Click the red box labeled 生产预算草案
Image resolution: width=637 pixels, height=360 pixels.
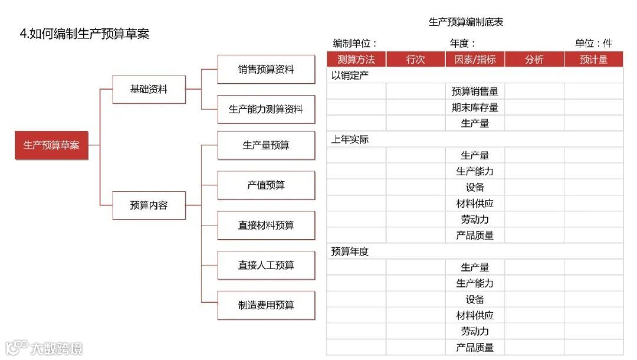51,145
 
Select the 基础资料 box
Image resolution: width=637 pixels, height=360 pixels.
149,90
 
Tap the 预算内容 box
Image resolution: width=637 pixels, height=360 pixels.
149,205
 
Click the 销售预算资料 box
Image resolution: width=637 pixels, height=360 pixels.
266,70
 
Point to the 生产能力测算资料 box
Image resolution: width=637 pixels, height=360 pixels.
266,109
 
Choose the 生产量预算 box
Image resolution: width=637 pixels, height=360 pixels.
266,145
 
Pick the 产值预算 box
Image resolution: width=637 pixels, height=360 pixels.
266,185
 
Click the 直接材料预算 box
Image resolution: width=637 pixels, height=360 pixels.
266,225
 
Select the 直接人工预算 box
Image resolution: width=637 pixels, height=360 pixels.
266,266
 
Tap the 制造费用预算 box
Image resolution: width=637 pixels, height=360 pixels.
266,305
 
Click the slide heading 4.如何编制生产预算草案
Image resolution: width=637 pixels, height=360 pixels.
84,34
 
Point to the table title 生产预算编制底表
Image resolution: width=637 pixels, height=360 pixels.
465,22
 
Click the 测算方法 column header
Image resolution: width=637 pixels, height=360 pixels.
356,59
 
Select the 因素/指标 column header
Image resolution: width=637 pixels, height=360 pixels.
475,59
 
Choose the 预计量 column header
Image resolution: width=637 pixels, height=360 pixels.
593,59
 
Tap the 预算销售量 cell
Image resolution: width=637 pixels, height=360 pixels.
475,91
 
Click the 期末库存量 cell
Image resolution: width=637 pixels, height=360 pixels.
475,107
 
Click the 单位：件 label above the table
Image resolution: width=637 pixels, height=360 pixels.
593,43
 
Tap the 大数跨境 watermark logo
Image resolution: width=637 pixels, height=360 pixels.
44,348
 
